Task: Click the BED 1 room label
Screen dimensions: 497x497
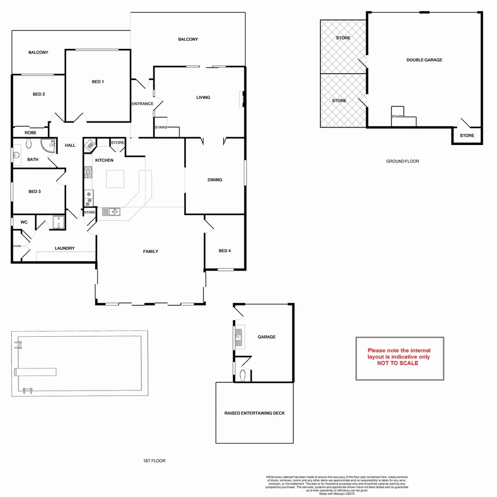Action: click(98, 82)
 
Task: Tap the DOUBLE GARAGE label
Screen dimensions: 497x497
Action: click(424, 60)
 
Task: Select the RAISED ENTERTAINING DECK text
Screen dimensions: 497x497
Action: click(254, 413)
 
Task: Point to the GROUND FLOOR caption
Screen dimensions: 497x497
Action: click(402, 162)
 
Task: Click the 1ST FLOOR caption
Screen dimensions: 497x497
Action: click(154, 461)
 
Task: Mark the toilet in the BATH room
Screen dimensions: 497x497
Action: click(29, 144)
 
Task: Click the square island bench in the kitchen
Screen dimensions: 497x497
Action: click(115, 179)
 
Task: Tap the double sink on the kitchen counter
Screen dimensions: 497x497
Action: click(111, 212)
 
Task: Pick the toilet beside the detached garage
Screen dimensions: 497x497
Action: click(244, 376)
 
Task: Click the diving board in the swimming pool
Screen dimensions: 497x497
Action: click(36, 371)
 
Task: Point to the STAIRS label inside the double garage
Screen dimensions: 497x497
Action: click(397, 117)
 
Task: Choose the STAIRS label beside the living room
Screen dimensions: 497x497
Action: click(161, 127)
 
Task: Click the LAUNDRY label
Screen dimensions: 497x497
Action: click(64, 248)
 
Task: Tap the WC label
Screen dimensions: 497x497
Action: click(24, 222)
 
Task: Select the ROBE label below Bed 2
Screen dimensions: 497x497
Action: click(30, 133)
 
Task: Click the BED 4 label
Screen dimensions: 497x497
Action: click(225, 251)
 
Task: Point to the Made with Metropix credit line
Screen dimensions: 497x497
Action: click(336, 494)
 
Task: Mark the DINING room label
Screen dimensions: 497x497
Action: click(214, 180)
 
